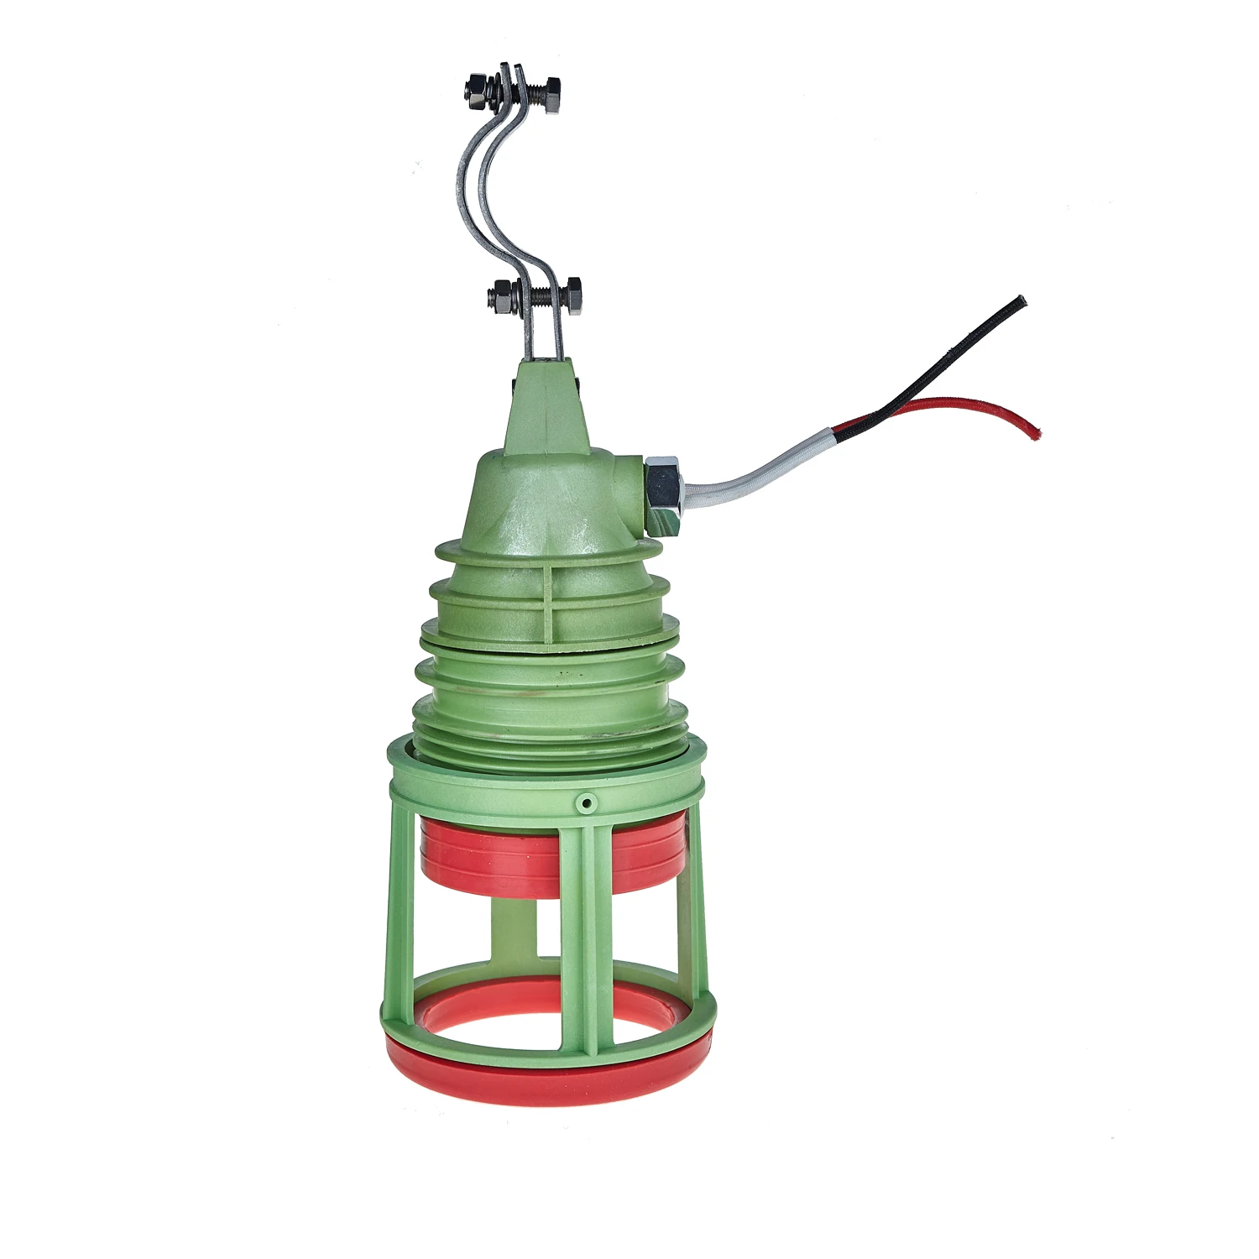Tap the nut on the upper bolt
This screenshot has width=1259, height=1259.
[476, 91]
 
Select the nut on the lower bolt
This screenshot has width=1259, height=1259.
[500, 295]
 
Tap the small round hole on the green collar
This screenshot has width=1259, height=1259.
[586, 804]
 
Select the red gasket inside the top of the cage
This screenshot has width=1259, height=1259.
[546, 860]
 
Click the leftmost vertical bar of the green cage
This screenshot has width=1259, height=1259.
[400, 906]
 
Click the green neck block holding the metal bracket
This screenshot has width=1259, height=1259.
[544, 403]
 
